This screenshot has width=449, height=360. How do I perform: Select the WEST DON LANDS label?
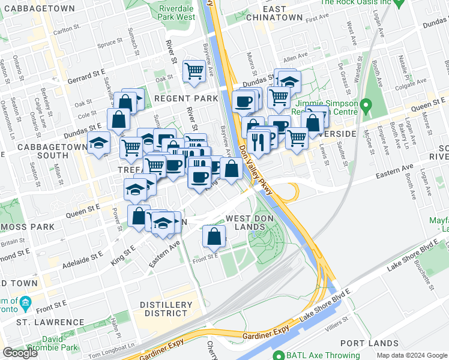[x=246, y=222]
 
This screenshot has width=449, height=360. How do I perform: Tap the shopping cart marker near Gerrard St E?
[x=194, y=71]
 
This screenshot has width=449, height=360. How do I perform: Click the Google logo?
[x=20, y=353]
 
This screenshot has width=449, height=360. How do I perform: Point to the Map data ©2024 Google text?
[x=412, y=355]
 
